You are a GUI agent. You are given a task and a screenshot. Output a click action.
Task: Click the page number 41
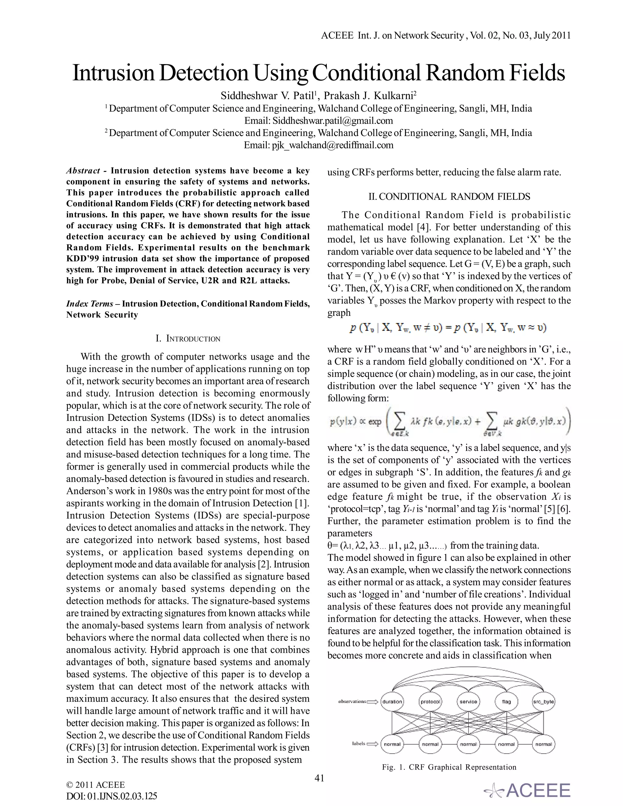tap(319, 778)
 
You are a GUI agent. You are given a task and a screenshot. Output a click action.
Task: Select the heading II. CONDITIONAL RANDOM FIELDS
tap(449, 196)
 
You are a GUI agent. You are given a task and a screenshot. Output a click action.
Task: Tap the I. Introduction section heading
tap(188, 339)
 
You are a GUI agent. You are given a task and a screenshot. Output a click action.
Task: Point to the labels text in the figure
tap(358, 744)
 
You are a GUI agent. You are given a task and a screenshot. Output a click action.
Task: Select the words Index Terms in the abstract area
tap(90, 304)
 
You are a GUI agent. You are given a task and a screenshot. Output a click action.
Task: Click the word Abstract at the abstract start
tap(83, 171)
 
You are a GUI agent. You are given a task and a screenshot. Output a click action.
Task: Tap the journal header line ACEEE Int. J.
tap(445, 35)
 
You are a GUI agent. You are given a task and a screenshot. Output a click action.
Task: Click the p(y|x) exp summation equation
tap(449, 422)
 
